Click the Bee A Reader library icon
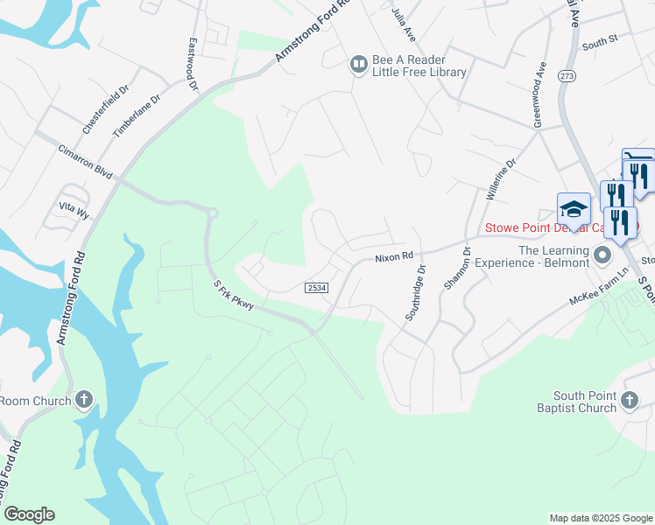click(x=358, y=64)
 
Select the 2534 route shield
click(x=316, y=288)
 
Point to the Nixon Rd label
click(x=393, y=257)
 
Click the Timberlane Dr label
click(x=137, y=116)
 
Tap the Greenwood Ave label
click(x=539, y=95)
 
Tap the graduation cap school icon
click(x=574, y=209)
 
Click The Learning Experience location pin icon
click(x=602, y=255)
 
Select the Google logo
click(x=29, y=514)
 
